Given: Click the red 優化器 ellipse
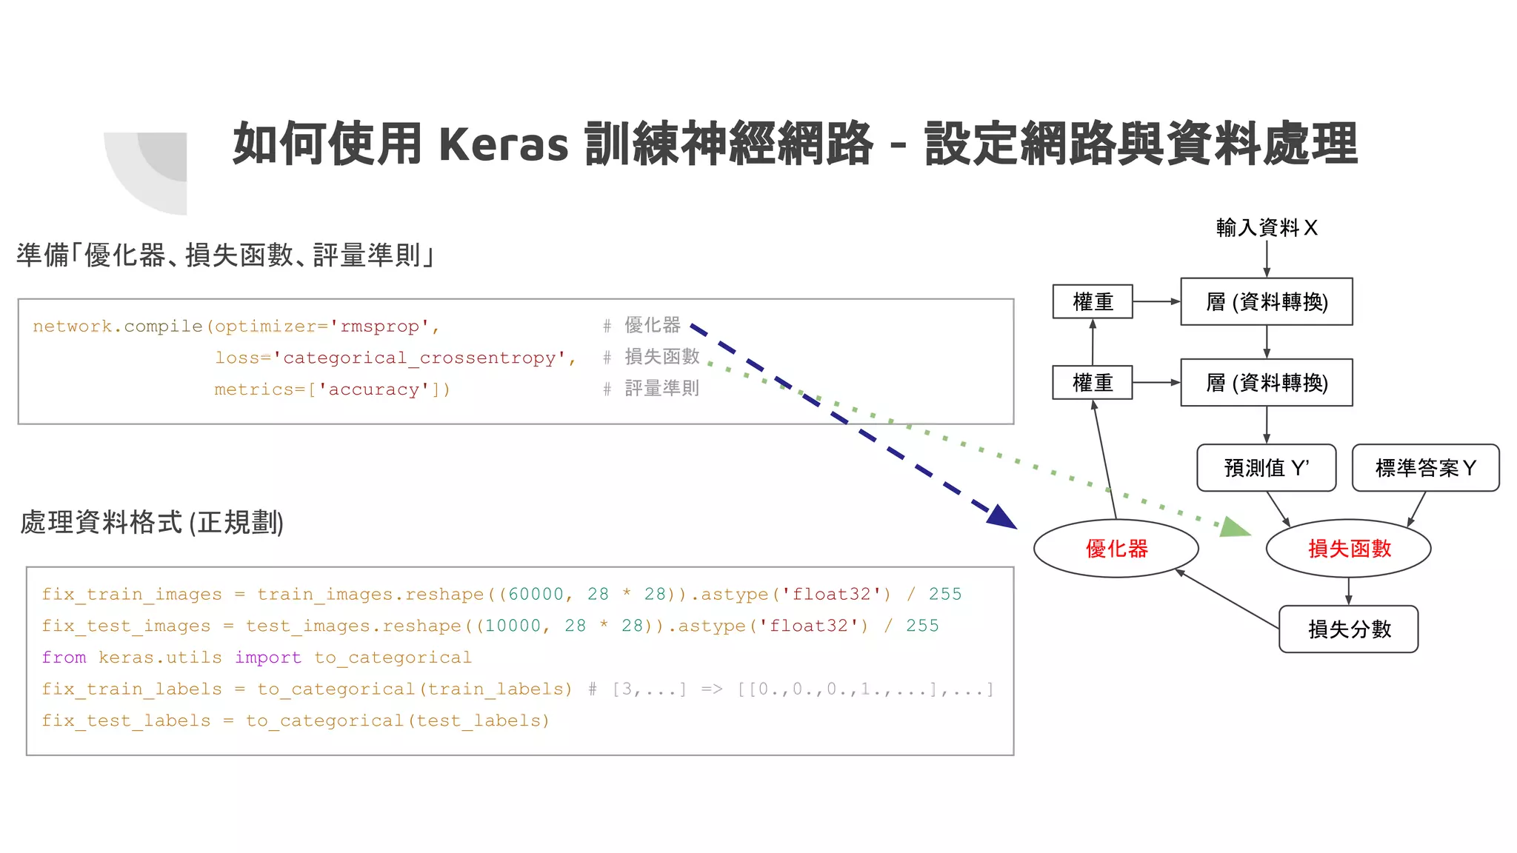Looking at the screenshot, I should [1116, 549].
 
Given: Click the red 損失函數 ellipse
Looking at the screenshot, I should [1348, 549].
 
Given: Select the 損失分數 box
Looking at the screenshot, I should [1348, 629].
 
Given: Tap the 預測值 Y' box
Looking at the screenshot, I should [1266, 468].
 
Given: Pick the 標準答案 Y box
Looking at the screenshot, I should [1425, 468].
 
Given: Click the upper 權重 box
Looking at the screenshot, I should [1093, 302].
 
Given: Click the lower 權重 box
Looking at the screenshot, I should [1093, 383].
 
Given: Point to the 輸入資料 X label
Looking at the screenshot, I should [1266, 227].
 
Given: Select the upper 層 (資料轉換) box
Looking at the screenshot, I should [1266, 302].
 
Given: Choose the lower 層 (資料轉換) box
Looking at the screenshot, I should [1266, 383].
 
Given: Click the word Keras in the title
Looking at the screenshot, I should [504, 144].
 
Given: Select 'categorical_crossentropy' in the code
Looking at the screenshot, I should [420, 358].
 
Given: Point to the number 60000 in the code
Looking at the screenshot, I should [536, 595].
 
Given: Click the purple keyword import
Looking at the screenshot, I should [268, 658].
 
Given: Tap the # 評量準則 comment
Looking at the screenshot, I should [652, 389].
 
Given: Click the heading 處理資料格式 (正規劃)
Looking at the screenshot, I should [152, 523].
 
